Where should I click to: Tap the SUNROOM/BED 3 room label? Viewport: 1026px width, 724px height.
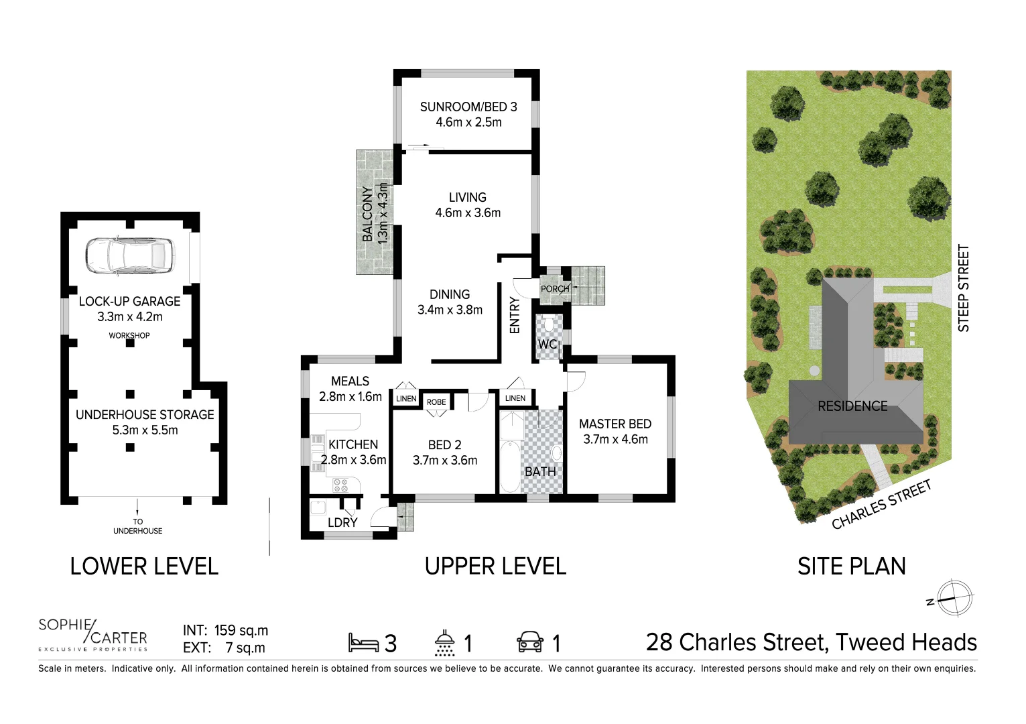point(468,107)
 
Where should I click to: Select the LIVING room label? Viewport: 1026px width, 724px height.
point(468,197)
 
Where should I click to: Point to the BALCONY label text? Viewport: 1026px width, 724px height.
point(368,213)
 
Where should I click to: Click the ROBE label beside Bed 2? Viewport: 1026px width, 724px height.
point(436,402)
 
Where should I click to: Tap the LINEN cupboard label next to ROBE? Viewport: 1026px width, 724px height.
point(406,399)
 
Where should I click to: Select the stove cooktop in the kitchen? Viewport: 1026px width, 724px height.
point(340,485)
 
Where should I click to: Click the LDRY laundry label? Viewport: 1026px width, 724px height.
point(342,522)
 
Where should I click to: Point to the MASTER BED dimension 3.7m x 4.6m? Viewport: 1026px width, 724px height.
point(615,440)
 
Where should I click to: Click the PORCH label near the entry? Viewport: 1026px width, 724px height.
point(555,289)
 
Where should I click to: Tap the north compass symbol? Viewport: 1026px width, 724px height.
point(954,597)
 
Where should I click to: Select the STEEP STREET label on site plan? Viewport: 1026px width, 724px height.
point(964,288)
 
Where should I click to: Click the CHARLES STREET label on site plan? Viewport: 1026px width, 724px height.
point(881,505)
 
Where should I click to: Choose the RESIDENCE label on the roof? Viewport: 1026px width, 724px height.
point(852,406)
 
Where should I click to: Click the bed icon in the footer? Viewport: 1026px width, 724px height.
point(363,643)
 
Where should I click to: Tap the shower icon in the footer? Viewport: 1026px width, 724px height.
point(444,642)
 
